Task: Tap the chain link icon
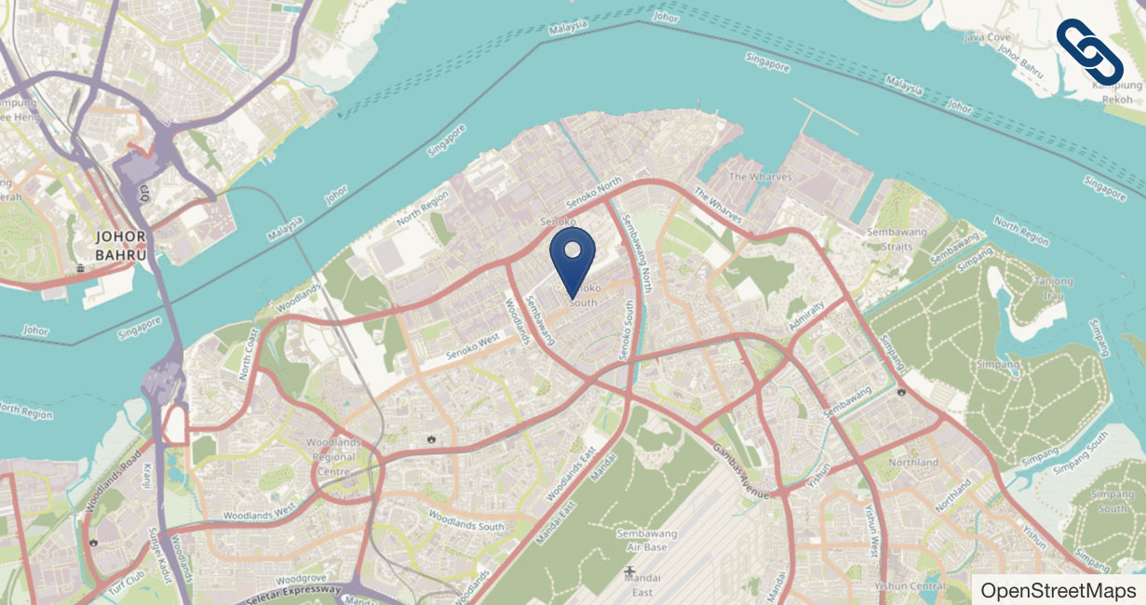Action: (x=1088, y=50)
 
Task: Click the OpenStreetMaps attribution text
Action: (x=1058, y=590)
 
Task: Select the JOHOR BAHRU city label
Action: (x=121, y=245)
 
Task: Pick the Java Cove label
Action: (x=987, y=37)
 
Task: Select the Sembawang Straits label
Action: (x=890, y=238)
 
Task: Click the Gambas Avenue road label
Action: (x=741, y=470)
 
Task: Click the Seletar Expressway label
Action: (x=293, y=594)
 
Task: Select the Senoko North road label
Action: (x=594, y=194)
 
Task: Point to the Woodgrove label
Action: (x=300, y=577)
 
